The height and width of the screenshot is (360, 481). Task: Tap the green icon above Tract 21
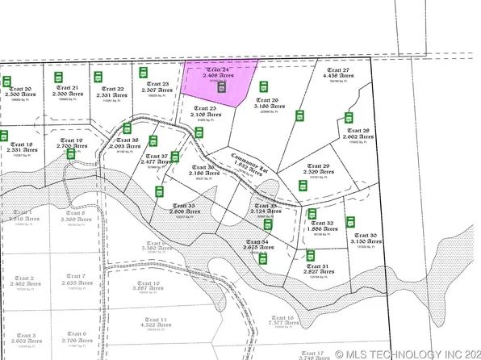(x=59, y=77)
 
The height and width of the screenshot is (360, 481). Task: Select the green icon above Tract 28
(x=351, y=118)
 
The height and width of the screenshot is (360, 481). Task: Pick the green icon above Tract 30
(x=350, y=221)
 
